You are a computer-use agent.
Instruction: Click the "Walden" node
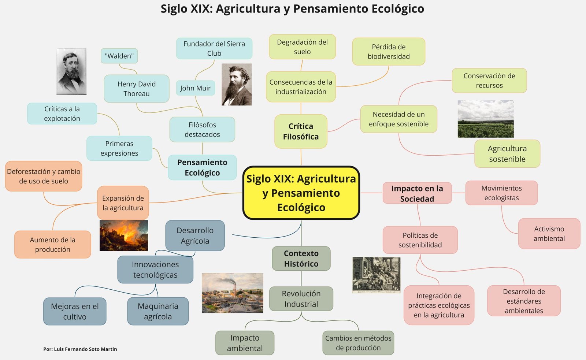pos(119,56)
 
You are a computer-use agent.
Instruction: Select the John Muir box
pos(196,88)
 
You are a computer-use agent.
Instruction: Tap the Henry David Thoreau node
pos(137,89)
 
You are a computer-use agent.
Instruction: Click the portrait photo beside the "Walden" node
pos(71,71)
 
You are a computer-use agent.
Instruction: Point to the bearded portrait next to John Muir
pos(237,85)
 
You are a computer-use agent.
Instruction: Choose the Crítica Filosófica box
pos(301,131)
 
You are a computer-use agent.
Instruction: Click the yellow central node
pos(301,193)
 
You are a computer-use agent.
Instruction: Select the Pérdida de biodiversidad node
pos(389,52)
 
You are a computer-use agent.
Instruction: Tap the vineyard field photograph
pos(486,119)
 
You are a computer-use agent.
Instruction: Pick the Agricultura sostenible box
pos(507,153)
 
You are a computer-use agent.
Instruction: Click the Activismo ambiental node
pos(549,233)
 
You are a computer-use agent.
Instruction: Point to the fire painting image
pos(124,235)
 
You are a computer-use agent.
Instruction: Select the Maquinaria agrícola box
pos(158,311)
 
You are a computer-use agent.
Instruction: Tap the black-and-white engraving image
pos(376,275)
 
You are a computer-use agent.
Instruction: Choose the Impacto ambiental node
pos(245,343)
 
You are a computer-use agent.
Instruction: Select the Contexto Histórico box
pos(301,259)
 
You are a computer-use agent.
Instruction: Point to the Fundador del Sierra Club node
pos(214,48)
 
